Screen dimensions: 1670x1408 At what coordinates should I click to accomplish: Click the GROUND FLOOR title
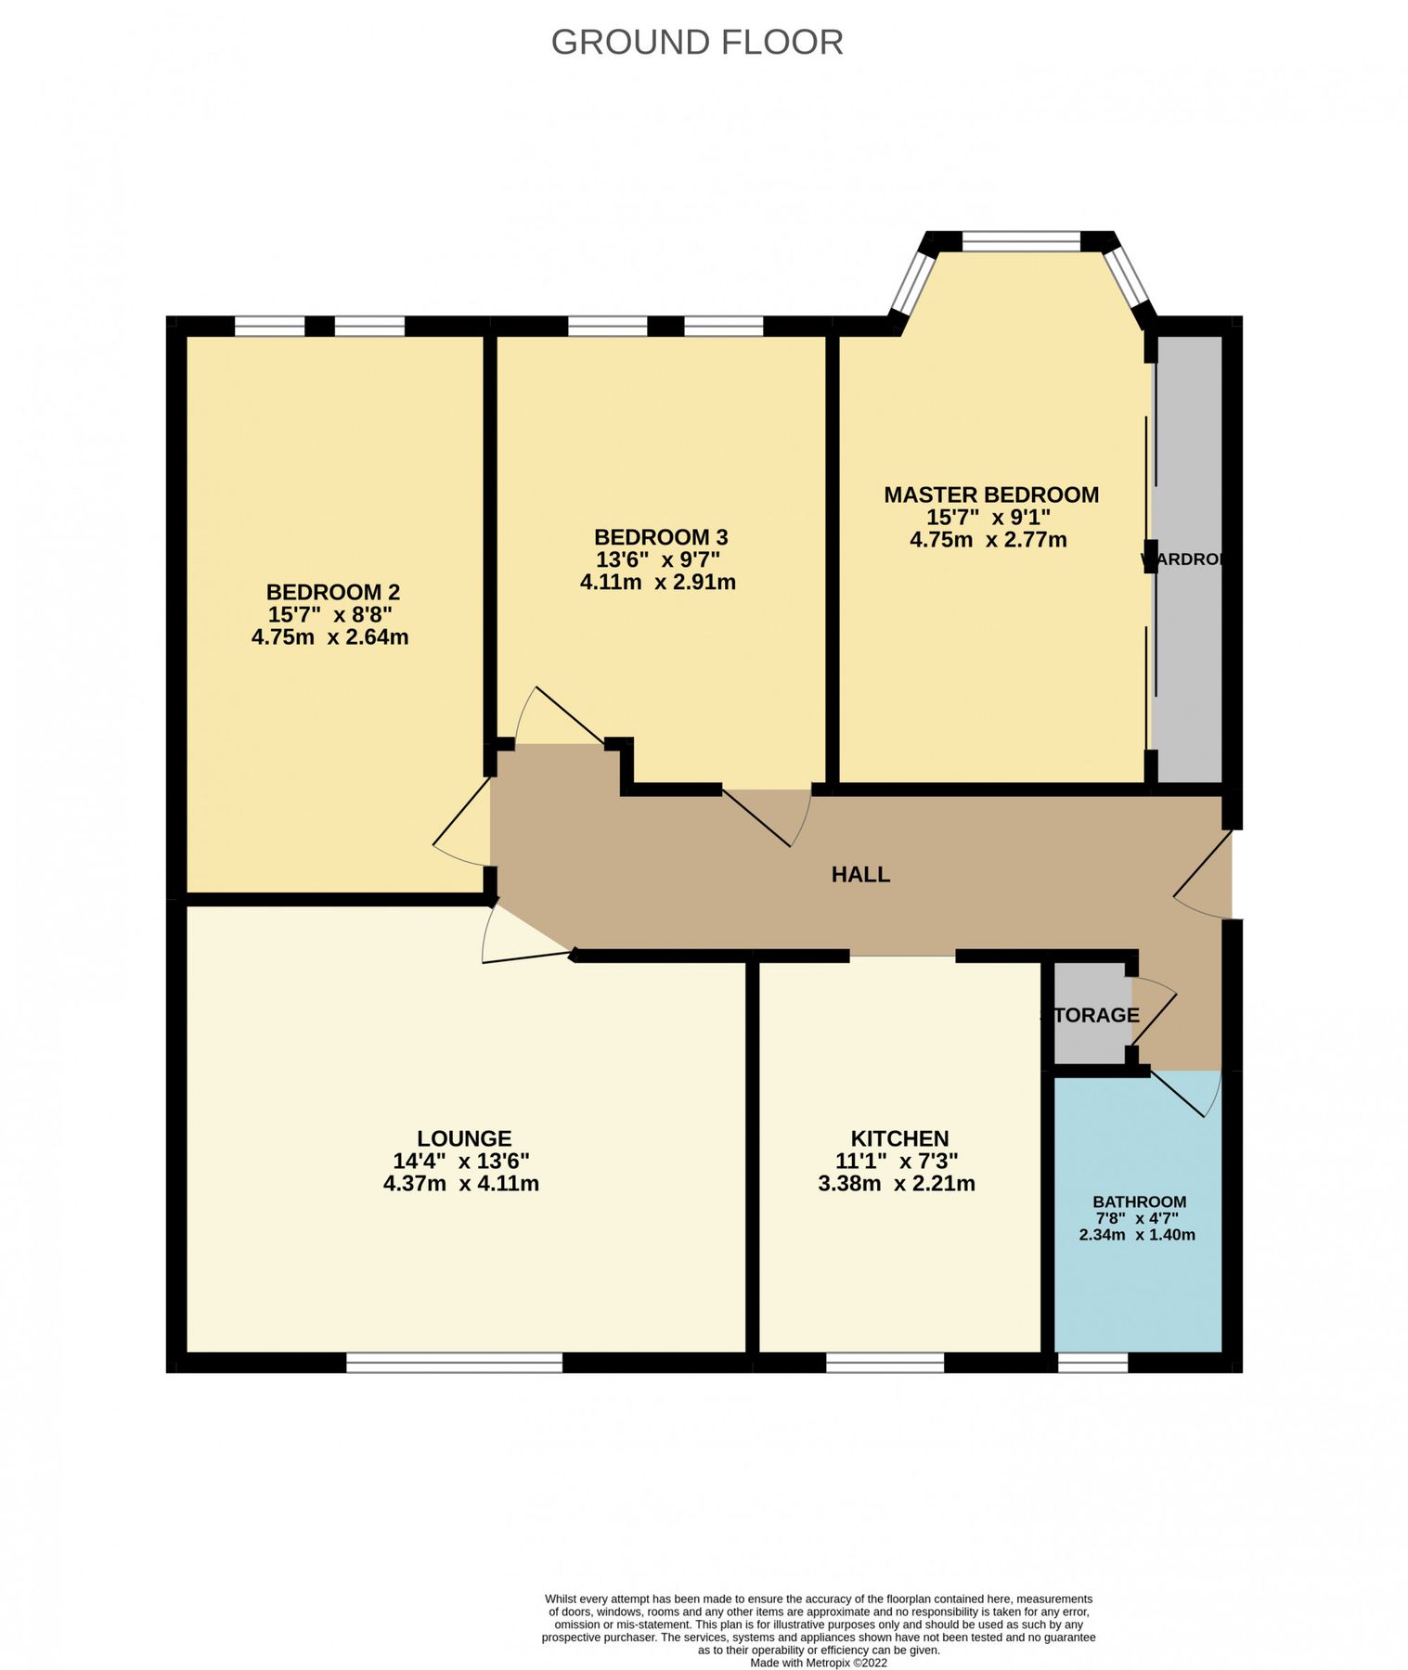(x=697, y=43)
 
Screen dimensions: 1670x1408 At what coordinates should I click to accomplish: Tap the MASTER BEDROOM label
(x=990, y=495)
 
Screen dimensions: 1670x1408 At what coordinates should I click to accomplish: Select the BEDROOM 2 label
(x=332, y=592)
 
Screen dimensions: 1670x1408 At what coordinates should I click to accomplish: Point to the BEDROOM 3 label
(x=660, y=537)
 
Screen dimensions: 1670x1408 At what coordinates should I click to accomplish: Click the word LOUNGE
(x=463, y=1138)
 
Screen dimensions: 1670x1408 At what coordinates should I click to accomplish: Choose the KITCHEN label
(x=899, y=1138)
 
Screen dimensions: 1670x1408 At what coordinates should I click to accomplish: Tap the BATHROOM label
(x=1139, y=1201)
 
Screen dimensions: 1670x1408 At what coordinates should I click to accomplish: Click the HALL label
(x=860, y=874)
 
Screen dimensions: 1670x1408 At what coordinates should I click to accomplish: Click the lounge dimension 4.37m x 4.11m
(x=460, y=1184)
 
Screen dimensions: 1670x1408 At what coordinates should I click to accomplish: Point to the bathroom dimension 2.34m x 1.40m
(x=1137, y=1235)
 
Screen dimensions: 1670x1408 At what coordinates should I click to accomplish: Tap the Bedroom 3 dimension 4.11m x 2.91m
(x=657, y=583)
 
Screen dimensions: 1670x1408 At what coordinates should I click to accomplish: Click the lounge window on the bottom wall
(x=454, y=1362)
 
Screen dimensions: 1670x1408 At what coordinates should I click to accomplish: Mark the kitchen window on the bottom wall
(x=885, y=1362)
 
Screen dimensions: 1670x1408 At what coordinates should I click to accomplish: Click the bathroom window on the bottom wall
(x=1092, y=1362)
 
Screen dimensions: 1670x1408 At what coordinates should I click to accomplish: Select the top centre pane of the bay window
(x=1021, y=242)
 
